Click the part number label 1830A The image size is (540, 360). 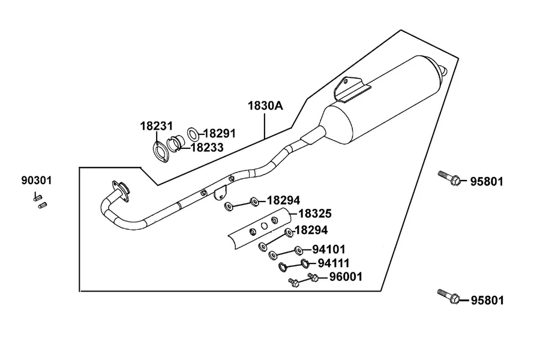tap(266, 106)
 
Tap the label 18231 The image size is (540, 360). tap(157, 126)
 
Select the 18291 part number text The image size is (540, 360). tap(220, 133)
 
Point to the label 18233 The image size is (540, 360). tap(208, 148)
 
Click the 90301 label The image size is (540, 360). tap(37, 180)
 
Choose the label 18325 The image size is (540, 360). tap(315, 214)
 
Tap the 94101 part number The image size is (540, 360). tap(329, 249)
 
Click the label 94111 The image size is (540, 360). tap(334, 263)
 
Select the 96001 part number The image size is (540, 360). tap(346, 277)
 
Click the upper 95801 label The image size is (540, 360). tap(487, 182)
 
